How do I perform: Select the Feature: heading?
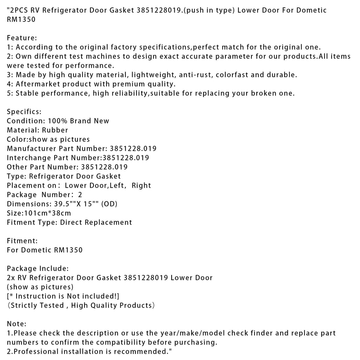coord(22,38)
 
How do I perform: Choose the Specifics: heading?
coord(24,112)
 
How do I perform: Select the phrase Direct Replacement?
coord(96,222)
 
